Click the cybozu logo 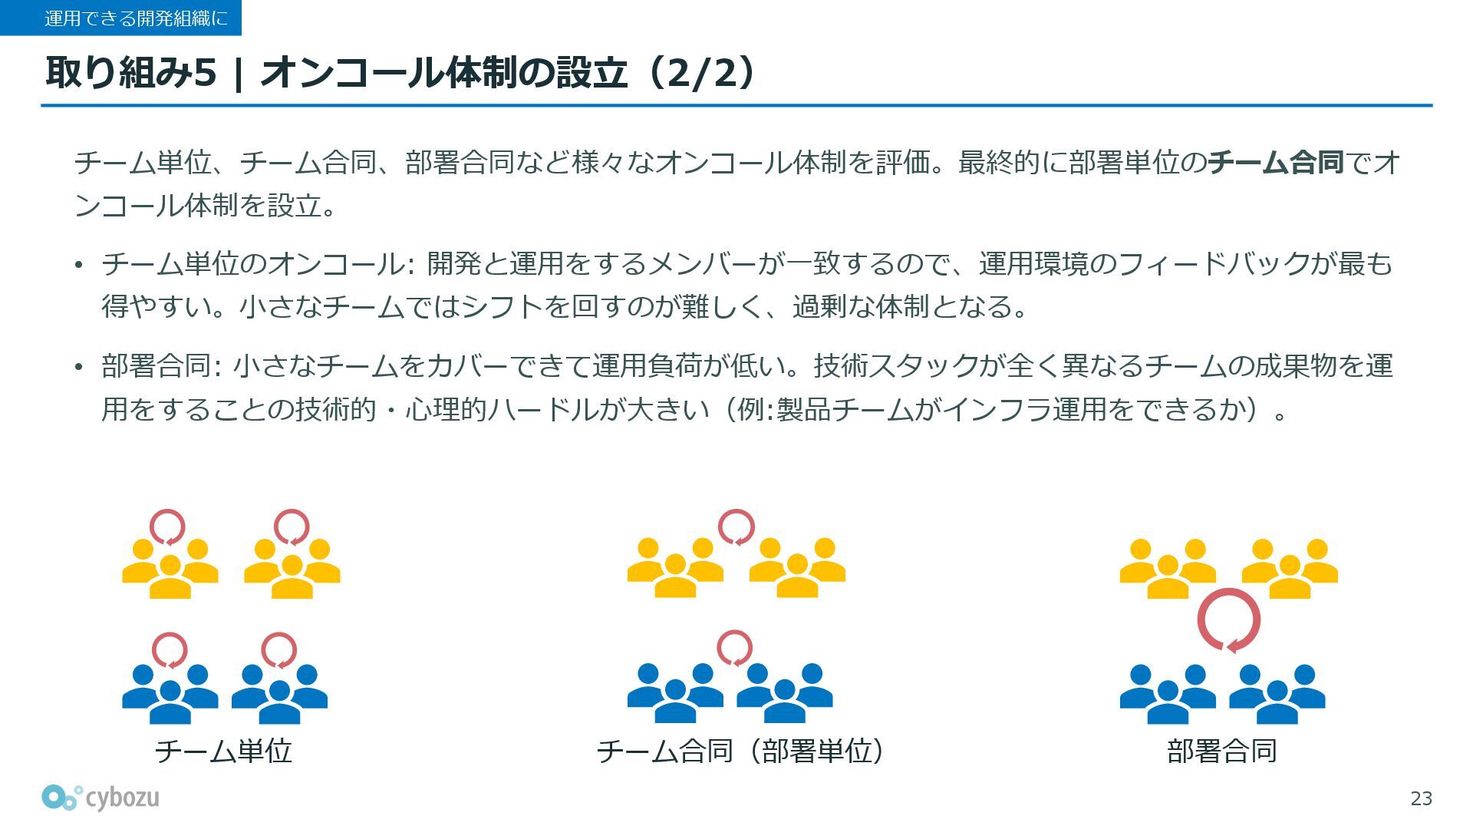tap(101, 798)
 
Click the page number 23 tap(1421, 799)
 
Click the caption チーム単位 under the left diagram tap(223, 751)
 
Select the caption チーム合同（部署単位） tap(740, 751)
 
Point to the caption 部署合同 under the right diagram tap(1221, 751)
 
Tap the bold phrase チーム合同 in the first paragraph tap(1275, 163)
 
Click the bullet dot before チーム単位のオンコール tap(78, 266)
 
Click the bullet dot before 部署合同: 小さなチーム tap(78, 368)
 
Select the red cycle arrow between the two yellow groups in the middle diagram tap(736, 527)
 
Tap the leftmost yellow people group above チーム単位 tap(170, 568)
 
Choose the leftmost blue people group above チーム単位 tap(170, 693)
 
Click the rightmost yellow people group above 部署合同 tap(1290, 568)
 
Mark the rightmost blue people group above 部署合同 tap(1277, 693)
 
